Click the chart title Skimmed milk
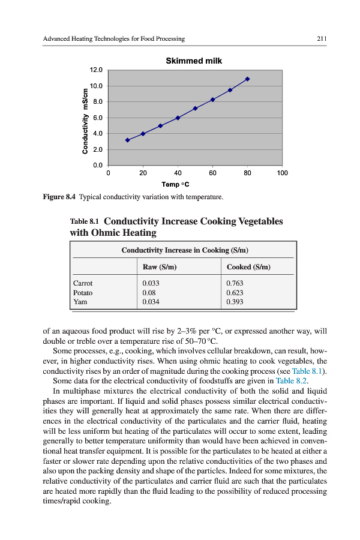[193, 61]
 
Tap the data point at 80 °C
[247, 79]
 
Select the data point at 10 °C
[127, 140]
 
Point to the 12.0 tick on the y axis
[97, 70]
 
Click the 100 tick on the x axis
[282, 173]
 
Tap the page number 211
[322, 39]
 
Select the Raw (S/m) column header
[158, 267]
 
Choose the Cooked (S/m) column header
[248, 267]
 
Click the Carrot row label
[83, 283]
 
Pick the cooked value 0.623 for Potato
[235, 293]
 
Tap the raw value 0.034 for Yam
[151, 302]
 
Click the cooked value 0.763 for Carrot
[235, 283]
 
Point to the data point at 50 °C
[195, 109]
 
